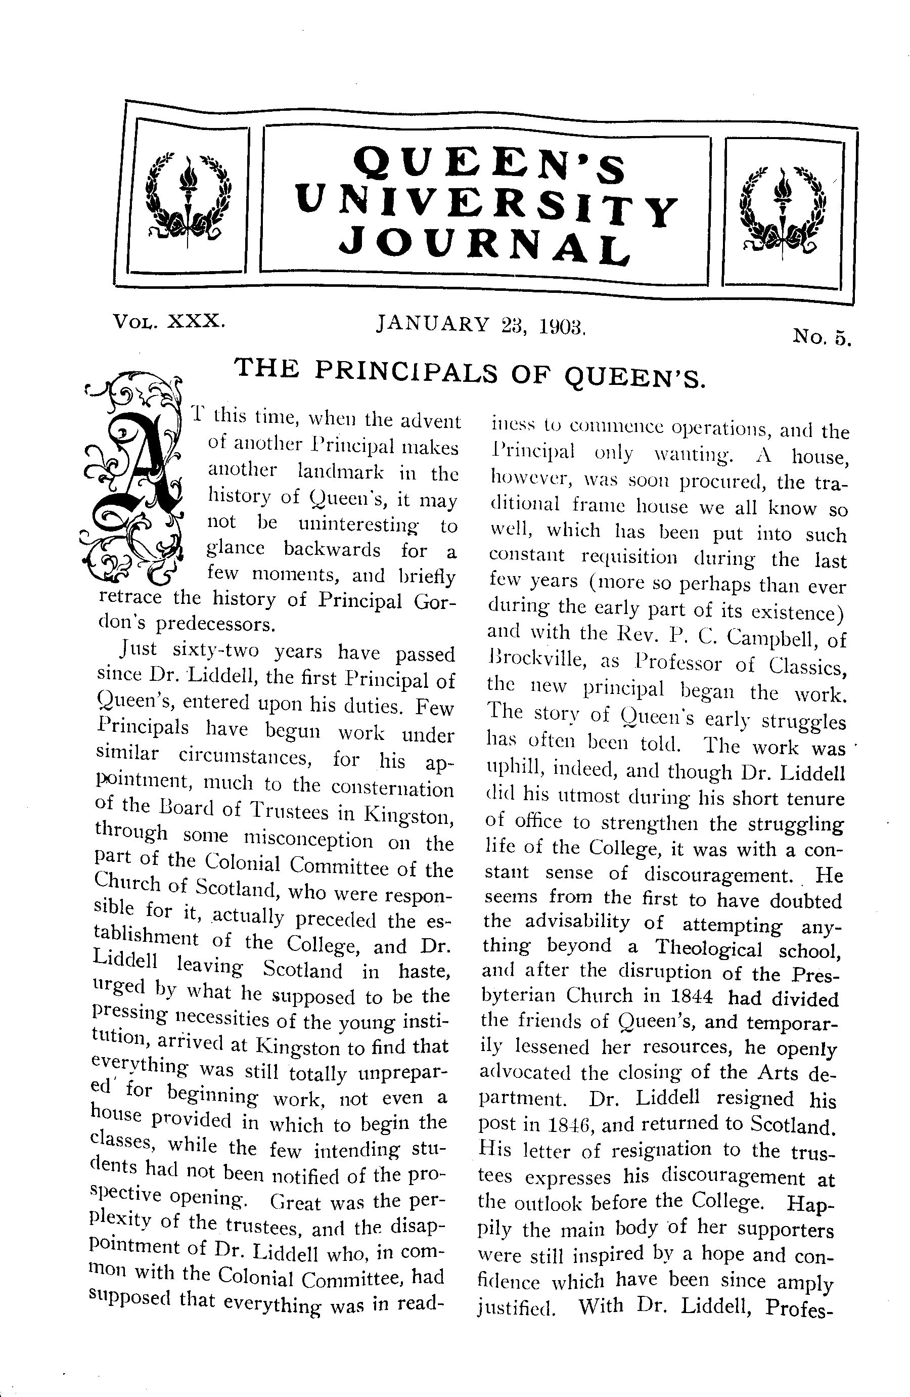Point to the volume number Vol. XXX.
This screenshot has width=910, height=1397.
(169, 321)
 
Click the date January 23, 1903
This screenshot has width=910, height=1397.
(481, 325)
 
